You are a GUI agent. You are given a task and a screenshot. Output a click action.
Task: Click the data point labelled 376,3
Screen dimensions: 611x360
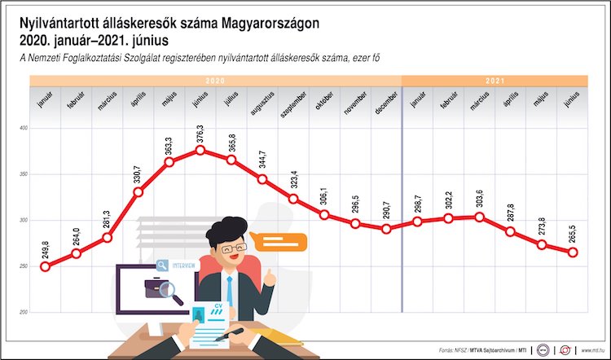(x=200, y=150)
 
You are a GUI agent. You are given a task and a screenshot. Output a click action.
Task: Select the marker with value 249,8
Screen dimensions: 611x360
(x=45, y=267)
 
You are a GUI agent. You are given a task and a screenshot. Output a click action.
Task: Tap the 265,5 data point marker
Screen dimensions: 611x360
(x=573, y=252)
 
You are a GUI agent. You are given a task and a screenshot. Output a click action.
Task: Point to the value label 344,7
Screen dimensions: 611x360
(x=262, y=160)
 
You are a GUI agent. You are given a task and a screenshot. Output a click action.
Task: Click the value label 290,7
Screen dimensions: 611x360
(x=386, y=209)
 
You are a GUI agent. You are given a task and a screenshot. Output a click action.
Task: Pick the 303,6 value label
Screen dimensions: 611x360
(x=479, y=198)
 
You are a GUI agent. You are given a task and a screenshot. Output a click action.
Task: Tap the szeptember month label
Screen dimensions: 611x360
(x=293, y=105)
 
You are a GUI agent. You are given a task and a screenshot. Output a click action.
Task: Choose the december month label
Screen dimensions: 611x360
(x=386, y=103)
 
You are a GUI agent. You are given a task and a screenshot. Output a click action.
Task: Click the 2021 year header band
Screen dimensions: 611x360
(x=495, y=81)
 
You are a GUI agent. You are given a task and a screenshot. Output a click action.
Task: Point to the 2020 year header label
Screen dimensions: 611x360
(x=215, y=81)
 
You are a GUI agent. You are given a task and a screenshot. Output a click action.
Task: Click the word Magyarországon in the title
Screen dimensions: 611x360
(x=270, y=24)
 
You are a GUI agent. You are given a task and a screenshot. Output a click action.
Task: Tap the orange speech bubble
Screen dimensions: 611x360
(x=279, y=242)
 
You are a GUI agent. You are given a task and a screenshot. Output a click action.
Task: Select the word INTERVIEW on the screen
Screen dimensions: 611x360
(x=183, y=266)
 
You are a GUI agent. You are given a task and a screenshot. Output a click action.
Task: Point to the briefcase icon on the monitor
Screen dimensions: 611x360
(x=155, y=288)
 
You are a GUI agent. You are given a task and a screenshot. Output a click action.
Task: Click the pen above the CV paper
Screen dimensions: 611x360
(x=229, y=334)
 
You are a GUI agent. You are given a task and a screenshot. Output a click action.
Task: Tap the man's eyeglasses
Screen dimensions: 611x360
(x=234, y=248)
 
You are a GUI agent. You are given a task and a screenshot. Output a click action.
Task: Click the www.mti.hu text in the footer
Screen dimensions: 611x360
(x=593, y=350)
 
